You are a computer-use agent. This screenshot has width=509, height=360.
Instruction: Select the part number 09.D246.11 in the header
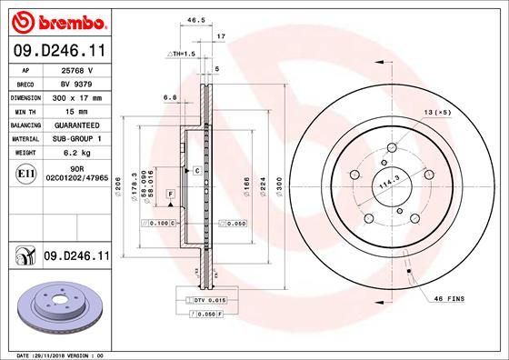click(58, 51)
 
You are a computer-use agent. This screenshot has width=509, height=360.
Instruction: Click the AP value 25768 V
click(72, 69)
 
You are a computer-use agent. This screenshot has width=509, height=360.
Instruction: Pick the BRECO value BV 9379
click(72, 83)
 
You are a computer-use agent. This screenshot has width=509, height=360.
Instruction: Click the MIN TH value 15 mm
click(72, 110)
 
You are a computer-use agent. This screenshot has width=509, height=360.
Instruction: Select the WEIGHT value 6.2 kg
click(72, 153)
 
